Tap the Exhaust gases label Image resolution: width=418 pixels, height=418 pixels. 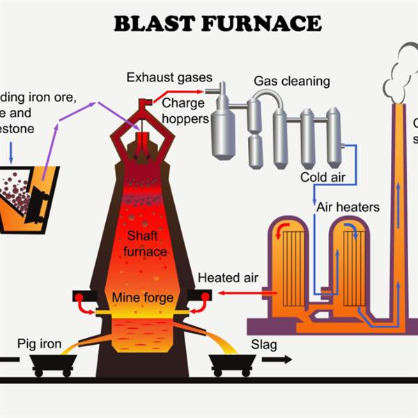[169, 77]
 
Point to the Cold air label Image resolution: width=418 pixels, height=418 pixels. [323, 177]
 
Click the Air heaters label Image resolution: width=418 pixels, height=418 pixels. [348, 207]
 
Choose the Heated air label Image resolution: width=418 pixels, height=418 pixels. [228, 278]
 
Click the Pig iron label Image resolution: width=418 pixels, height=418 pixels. [40, 344]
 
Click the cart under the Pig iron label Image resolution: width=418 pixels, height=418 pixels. [52, 364]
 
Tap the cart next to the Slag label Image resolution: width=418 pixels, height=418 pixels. [232, 364]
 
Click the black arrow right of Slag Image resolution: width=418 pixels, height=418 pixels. [278, 360]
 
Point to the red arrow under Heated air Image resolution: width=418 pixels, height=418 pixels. [237, 293]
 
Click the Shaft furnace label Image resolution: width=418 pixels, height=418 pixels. [145, 244]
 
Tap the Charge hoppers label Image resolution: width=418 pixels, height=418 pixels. [185, 111]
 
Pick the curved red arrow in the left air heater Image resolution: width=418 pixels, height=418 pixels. [281, 229]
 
